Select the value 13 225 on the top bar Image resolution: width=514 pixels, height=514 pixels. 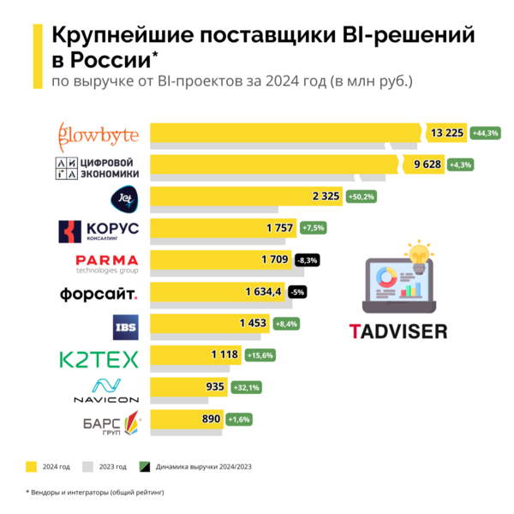pyautogui.click(x=448, y=133)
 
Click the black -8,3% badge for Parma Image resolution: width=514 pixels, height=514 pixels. pyautogui.click(x=306, y=259)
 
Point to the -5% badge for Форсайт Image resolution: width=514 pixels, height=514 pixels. pyautogui.click(x=297, y=291)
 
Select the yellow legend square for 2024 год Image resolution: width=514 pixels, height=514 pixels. pyautogui.click(x=31, y=467)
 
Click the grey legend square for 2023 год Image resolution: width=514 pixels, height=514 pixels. pyautogui.click(x=88, y=467)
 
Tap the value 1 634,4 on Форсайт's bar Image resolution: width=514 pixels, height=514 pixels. pyautogui.click(x=262, y=291)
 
